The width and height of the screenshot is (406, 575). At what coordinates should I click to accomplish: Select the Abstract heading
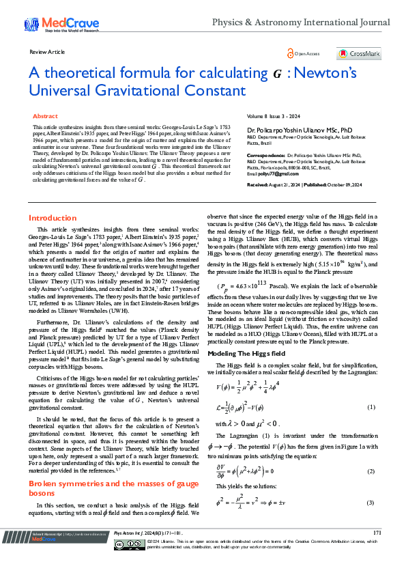pyautogui.click(x=45, y=117)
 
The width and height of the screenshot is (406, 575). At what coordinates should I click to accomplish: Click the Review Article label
pyautogui.click(x=47, y=52)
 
